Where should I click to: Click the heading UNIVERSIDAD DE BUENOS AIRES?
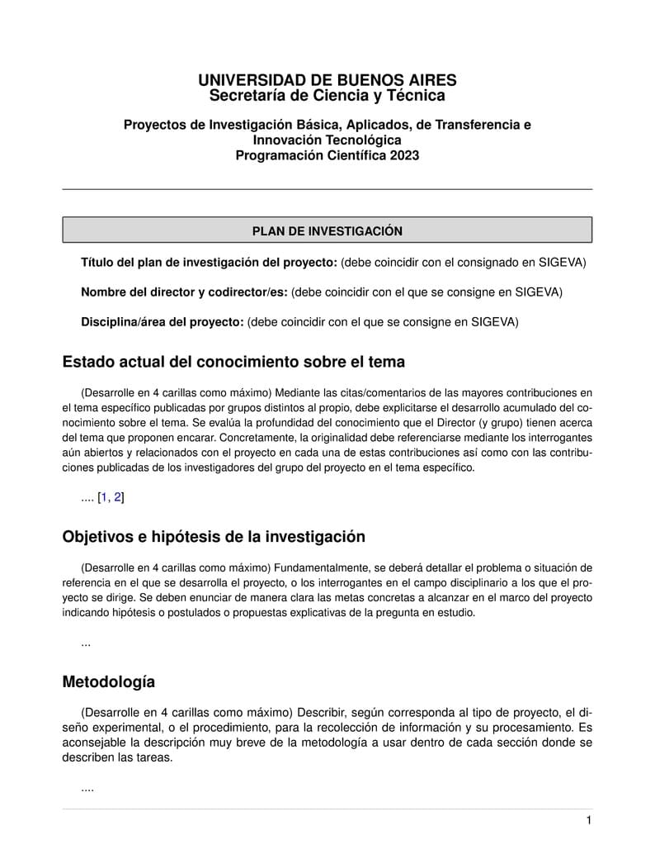[327, 80]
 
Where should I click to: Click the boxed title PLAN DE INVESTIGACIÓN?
[327, 231]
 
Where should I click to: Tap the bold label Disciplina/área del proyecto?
[162, 321]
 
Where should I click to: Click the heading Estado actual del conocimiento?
[233, 362]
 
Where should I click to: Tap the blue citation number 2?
[118, 497]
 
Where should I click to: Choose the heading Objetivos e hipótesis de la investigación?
[214, 536]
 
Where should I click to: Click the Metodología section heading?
[108, 682]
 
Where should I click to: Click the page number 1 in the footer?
[589, 820]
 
